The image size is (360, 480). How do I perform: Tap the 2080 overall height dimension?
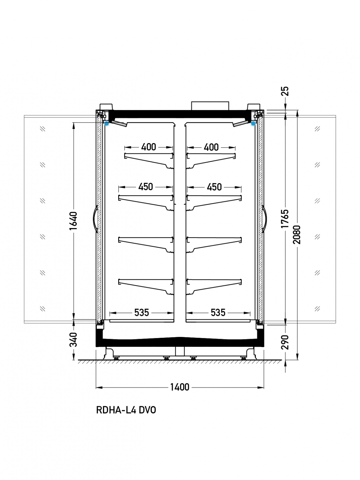pyautogui.click(x=297, y=235)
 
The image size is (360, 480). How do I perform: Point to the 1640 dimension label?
pyautogui.click(x=73, y=220)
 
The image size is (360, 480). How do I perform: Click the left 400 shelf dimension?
pyautogui.click(x=148, y=147)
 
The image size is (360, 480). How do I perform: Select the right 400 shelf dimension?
pyautogui.click(x=211, y=147)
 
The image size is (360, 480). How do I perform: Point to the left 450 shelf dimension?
pyautogui.click(x=145, y=187)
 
